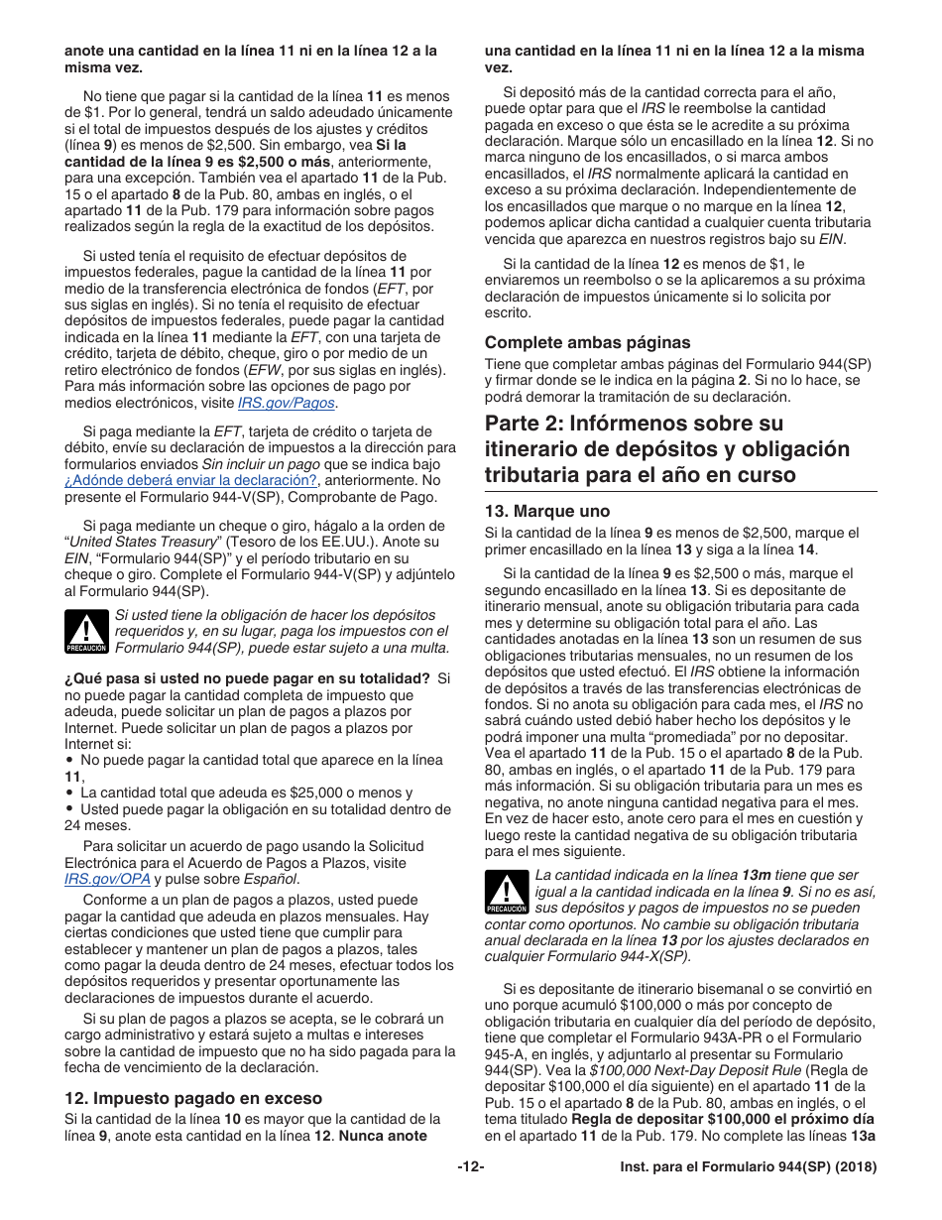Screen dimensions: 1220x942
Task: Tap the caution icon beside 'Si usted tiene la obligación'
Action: (x=85, y=632)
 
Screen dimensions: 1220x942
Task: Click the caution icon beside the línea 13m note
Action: (x=506, y=892)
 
